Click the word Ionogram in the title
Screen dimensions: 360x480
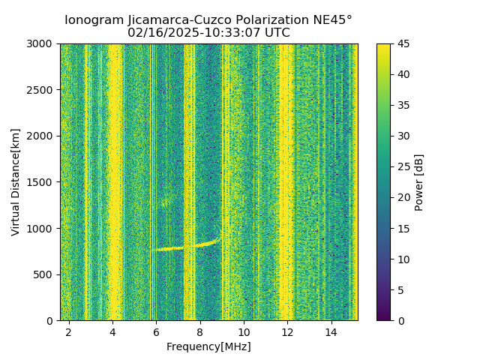click(92, 20)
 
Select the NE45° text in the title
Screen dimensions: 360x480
click(333, 20)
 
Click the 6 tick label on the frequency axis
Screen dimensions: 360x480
click(156, 331)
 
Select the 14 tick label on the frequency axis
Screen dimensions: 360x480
click(331, 331)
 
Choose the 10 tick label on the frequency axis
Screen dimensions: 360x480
click(244, 331)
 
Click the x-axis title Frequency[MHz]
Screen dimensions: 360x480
click(208, 346)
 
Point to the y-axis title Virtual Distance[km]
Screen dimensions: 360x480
click(16, 181)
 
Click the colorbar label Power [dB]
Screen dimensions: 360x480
click(419, 182)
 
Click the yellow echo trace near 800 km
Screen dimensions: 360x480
click(180, 247)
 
